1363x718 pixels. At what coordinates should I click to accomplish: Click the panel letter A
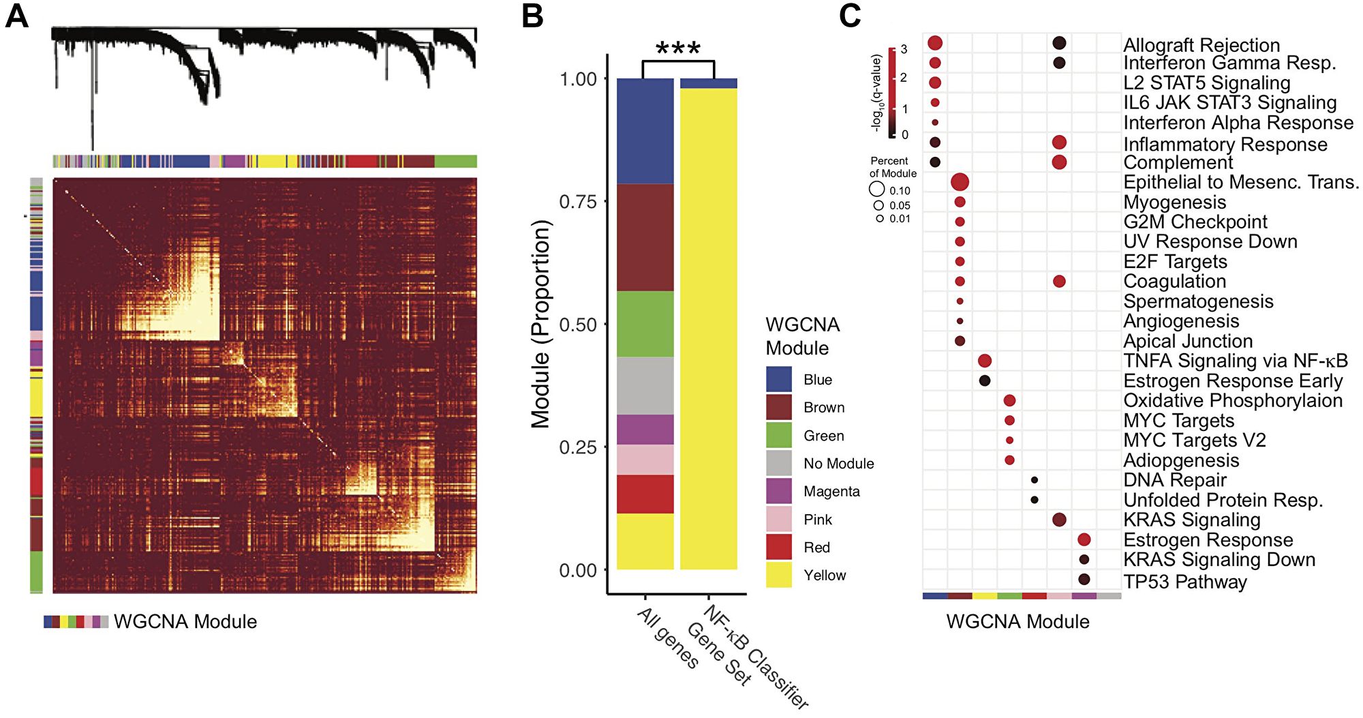pyautogui.click(x=16, y=15)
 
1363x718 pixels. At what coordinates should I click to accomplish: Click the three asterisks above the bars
pyautogui.click(x=677, y=48)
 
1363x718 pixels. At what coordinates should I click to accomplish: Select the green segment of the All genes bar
pyautogui.click(x=645, y=324)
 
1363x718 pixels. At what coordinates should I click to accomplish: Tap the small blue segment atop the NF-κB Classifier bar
pyautogui.click(x=708, y=83)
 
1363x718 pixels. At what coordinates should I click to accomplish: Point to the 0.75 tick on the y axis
pyautogui.click(x=578, y=202)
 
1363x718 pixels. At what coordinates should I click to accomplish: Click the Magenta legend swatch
pyautogui.click(x=778, y=491)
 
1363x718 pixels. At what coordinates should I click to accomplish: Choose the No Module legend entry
pyautogui.click(x=838, y=464)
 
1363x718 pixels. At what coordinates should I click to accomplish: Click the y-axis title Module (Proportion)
pyautogui.click(x=540, y=324)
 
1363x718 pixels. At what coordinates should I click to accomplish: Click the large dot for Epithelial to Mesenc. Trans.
pyautogui.click(x=960, y=182)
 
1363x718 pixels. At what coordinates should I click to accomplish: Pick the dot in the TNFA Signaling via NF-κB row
pyautogui.click(x=984, y=361)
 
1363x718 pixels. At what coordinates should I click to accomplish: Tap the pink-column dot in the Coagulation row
pyautogui.click(x=1059, y=281)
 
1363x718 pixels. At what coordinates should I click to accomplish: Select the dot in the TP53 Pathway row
pyautogui.click(x=1084, y=580)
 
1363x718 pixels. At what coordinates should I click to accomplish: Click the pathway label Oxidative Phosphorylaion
pyautogui.click(x=1232, y=400)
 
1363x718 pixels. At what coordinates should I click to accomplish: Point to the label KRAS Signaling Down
pyautogui.click(x=1219, y=560)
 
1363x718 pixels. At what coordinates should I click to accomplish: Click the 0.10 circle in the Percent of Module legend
pyautogui.click(x=877, y=190)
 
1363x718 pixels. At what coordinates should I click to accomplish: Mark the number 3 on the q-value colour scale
pyautogui.click(x=904, y=49)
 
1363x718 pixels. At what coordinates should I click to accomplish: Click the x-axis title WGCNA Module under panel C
pyautogui.click(x=1017, y=621)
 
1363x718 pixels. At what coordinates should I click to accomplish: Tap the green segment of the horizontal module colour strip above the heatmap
pyautogui.click(x=455, y=162)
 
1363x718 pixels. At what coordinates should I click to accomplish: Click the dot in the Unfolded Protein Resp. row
pyautogui.click(x=1035, y=500)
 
